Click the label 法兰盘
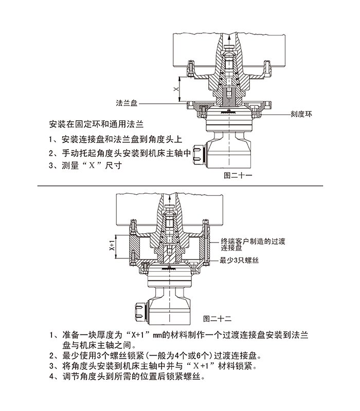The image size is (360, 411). coord(127,103)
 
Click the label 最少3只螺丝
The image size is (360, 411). coord(239,260)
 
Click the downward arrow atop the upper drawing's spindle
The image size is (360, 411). coord(227,39)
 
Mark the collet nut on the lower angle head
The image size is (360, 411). coord(142,308)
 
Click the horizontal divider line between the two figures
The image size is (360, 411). coord(180,185)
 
